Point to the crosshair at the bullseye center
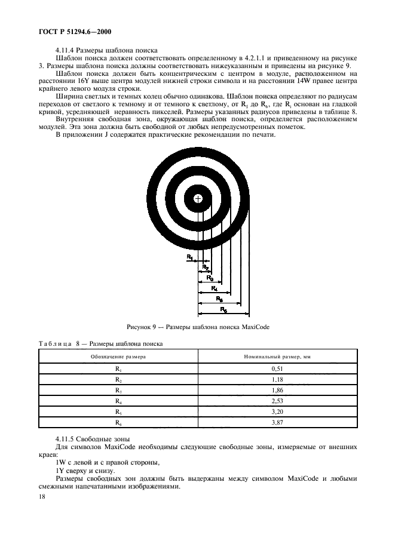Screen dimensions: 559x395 (x=198, y=198)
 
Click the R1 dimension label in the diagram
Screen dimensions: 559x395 (x=190, y=257)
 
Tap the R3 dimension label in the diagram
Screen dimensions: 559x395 (x=210, y=278)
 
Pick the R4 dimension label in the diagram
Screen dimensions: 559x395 (x=214, y=288)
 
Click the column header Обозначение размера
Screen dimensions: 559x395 (x=118, y=356)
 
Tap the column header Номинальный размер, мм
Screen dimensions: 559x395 (x=278, y=356)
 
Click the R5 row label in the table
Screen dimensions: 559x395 (x=118, y=412)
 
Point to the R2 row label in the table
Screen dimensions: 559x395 (x=118, y=380)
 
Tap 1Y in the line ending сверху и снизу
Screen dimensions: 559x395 (x=60, y=471)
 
